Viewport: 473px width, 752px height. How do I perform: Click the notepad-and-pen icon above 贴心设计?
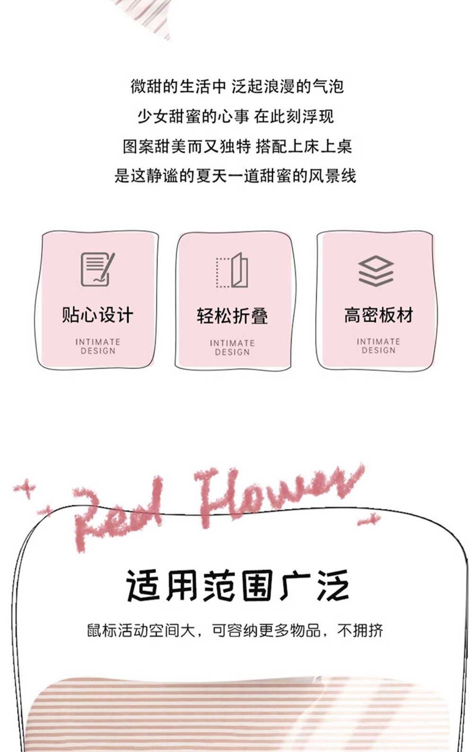[97, 269]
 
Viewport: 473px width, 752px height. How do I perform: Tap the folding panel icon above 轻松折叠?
[232, 270]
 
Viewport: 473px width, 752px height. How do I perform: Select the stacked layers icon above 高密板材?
[376, 271]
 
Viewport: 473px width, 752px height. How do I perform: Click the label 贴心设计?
[97, 315]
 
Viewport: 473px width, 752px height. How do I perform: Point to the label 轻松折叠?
[232, 316]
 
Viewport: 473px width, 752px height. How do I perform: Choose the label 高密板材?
[378, 315]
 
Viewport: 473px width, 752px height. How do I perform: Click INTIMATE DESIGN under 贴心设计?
[97, 346]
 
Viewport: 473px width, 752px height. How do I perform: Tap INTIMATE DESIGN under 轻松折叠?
[232, 347]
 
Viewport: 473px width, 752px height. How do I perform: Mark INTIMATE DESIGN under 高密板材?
[378, 346]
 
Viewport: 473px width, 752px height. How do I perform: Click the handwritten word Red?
[118, 513]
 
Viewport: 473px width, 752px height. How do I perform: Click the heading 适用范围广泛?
[237, 586]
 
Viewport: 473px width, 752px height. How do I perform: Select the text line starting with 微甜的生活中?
[237, 87]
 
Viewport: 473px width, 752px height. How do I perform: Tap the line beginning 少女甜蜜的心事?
[236, 116]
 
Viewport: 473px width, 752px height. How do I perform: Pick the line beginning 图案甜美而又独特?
[237, 146]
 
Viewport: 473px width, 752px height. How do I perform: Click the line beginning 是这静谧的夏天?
[235, 176]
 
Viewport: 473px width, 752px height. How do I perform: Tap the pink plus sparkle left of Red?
[26, 487]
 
